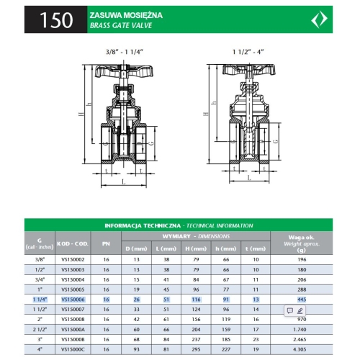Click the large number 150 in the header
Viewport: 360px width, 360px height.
pos(56,20)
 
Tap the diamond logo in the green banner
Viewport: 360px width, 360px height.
pos(319,19)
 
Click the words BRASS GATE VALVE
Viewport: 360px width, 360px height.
pos(121,25)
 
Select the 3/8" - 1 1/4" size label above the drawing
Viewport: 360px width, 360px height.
pos(125,52)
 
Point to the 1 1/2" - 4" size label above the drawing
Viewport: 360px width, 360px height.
pos(248,52)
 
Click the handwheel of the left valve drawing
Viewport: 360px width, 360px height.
pos(124,71)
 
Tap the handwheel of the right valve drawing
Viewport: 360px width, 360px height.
pos(249,69)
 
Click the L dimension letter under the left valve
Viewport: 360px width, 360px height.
pos(124,182)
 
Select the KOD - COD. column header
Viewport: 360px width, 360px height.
pos(73,244)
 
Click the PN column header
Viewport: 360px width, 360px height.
pos(106,244)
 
